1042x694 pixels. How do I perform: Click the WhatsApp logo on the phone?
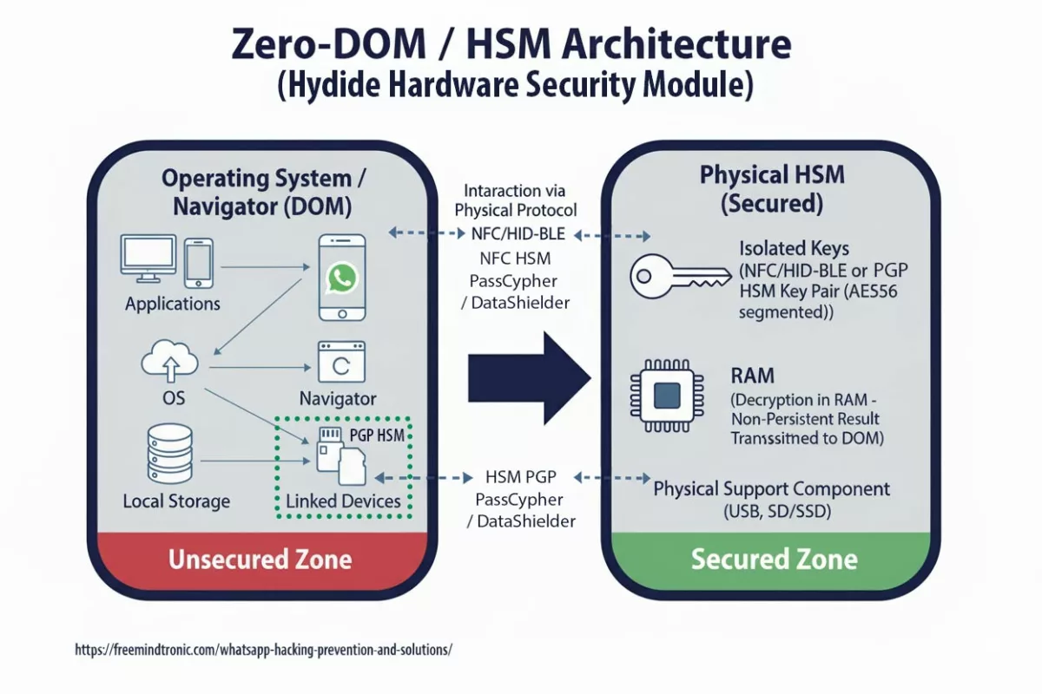(341, 278)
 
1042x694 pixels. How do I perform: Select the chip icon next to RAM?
(666, 396)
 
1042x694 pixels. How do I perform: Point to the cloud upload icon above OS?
(169, 360)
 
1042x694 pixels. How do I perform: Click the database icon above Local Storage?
(169, 453)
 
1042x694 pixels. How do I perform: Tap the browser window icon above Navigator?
(341, 363)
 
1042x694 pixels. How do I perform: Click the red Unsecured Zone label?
(260, 559)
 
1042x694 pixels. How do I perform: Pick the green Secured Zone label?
(774, 559)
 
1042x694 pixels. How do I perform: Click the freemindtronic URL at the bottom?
(264, 649)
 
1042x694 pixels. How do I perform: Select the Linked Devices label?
(343, 501)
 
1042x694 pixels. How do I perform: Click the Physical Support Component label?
(771, 488)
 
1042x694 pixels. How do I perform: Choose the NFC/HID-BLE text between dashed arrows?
(518, 233)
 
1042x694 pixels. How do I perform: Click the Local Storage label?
(176, 501)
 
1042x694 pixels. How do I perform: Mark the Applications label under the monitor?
(172, 304)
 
